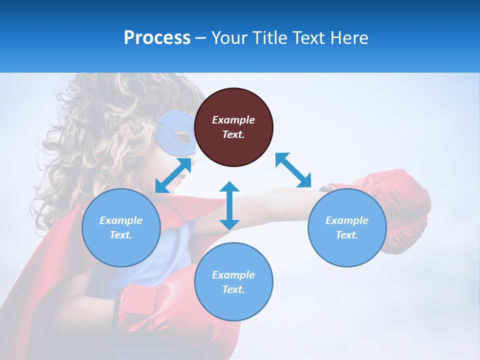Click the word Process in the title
157,38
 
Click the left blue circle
121,227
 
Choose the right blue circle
347,227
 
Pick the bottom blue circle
233,281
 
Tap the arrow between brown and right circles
293,170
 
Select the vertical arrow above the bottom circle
229,205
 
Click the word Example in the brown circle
233,120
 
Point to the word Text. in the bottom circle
233,289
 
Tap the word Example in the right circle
347,220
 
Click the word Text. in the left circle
121,235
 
